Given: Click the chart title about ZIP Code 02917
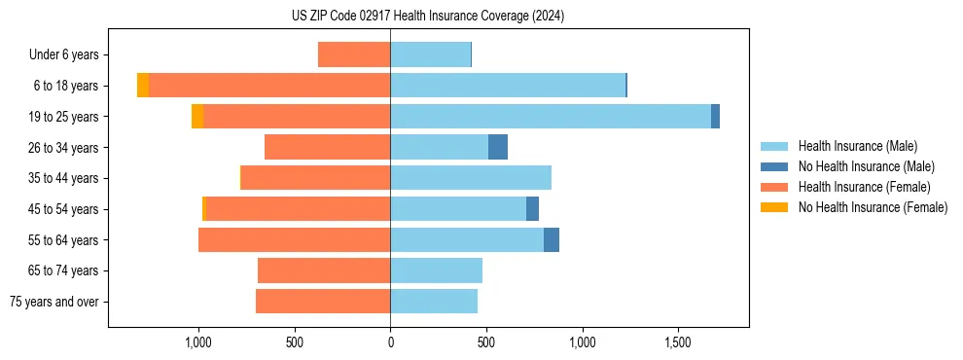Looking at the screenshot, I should point(427,17).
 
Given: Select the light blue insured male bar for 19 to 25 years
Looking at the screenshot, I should point(550,117).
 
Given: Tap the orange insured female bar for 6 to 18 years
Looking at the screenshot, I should point(269,86).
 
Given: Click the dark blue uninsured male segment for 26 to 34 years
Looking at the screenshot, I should point(497,147).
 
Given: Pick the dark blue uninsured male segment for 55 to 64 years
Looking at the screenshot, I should point(552,239).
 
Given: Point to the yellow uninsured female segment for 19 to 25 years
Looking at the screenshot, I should point(197,117).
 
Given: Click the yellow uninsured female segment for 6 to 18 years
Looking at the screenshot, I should point(143,86).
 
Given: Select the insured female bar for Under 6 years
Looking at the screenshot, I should point(354,55).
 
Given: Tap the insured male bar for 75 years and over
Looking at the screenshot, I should point(434,302).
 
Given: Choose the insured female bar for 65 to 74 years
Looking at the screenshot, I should point(324,270).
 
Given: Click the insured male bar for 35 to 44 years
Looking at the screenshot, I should point(471,178).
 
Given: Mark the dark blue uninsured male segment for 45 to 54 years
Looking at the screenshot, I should point(532,208).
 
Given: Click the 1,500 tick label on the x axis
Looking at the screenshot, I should point(678,343).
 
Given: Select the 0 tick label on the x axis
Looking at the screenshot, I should point(390,343).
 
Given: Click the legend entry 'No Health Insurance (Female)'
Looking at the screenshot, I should point(873,207).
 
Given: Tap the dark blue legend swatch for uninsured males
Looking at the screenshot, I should point(774,166).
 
